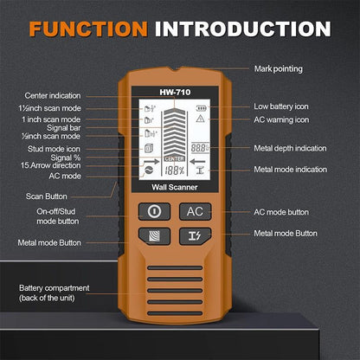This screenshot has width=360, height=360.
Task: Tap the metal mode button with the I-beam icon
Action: (196, 235)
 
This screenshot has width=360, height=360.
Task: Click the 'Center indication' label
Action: (54, 96)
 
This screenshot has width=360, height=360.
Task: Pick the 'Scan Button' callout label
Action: (41, 196)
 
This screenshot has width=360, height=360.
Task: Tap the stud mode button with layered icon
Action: (156, 235)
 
